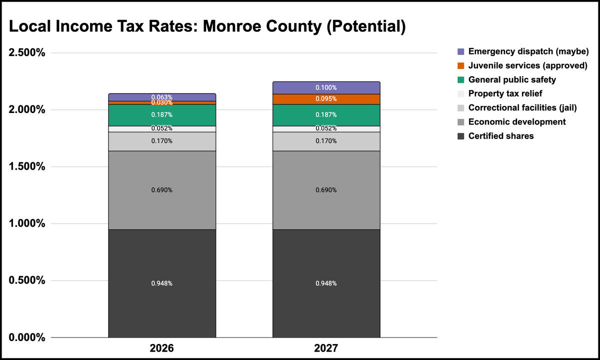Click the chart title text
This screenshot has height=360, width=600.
coord(207,26)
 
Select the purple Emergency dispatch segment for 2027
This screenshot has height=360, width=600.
coord(326,88)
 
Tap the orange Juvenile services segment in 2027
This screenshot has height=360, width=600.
coord(326,99)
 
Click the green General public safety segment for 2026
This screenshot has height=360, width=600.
coord(162,115)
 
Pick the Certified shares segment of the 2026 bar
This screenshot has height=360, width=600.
coord(162,283)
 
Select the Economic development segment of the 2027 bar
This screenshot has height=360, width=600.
coord(326,190)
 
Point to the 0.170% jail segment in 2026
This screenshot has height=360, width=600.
coord(162,141)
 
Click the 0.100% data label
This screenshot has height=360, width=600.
coord(326,87)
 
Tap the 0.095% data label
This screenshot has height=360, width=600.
coord(326,99)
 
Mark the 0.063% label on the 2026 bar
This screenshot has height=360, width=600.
coord(162,97)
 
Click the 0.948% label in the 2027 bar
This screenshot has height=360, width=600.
coord(326,283)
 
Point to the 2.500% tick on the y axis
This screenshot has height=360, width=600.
coord(27,52)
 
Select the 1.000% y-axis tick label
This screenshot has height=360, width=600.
coord(27,223)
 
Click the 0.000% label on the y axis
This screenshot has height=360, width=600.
coord(27,337)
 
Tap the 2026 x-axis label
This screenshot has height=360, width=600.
coord(162,348)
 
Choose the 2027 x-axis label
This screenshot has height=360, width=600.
coord(326,348)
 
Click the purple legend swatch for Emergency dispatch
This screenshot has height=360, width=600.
coord(460,51)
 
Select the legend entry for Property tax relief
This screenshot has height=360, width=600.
coord(500,94)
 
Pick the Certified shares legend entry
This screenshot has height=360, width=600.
coord(495,136)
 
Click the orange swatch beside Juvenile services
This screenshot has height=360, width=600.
coord(460,65)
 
